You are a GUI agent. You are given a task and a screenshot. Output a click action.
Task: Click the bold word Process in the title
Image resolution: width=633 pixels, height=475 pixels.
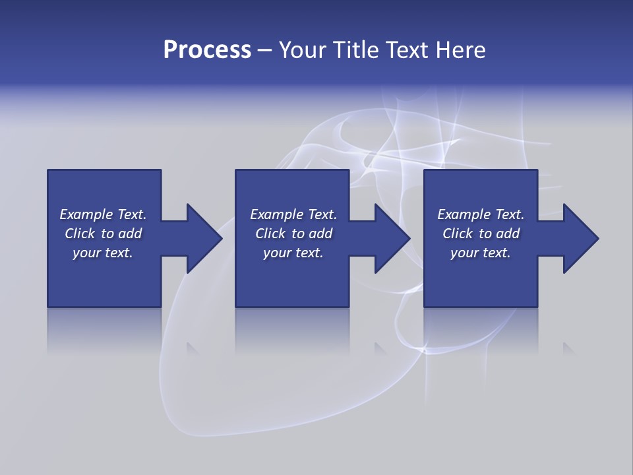[x=207, y=50]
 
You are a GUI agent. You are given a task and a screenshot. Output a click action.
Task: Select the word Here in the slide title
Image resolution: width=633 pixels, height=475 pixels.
[x=461, y=50]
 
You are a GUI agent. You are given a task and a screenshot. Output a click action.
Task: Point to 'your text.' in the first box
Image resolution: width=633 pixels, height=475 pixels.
[x=103, y=253]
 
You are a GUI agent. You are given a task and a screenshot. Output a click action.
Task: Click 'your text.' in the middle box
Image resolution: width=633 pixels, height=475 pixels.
[x=293, y=253]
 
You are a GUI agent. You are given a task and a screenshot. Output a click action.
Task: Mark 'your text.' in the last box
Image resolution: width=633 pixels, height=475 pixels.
[x=481, y=253]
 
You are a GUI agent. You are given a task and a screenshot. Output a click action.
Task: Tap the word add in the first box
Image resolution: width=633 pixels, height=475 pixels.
[x=130, y=234]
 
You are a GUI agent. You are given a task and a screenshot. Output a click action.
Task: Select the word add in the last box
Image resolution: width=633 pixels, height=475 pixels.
[x=508, y=234]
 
